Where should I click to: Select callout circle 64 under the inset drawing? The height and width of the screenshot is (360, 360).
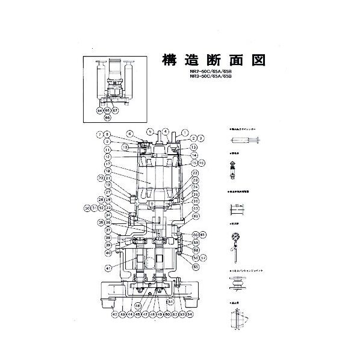click(x=98, y=111)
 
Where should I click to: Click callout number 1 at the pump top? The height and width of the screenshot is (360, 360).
click(x=185, y=132)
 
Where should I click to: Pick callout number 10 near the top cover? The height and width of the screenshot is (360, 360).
click(x=123, y=146)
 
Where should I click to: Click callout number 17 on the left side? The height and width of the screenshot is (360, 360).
click(x=107, y=163)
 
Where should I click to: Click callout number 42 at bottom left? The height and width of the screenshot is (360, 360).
click(x=114, y=314)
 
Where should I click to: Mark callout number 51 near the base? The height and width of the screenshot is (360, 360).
click(x=170, y=302)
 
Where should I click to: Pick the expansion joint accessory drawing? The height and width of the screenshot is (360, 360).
click(x=235, y=282)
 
